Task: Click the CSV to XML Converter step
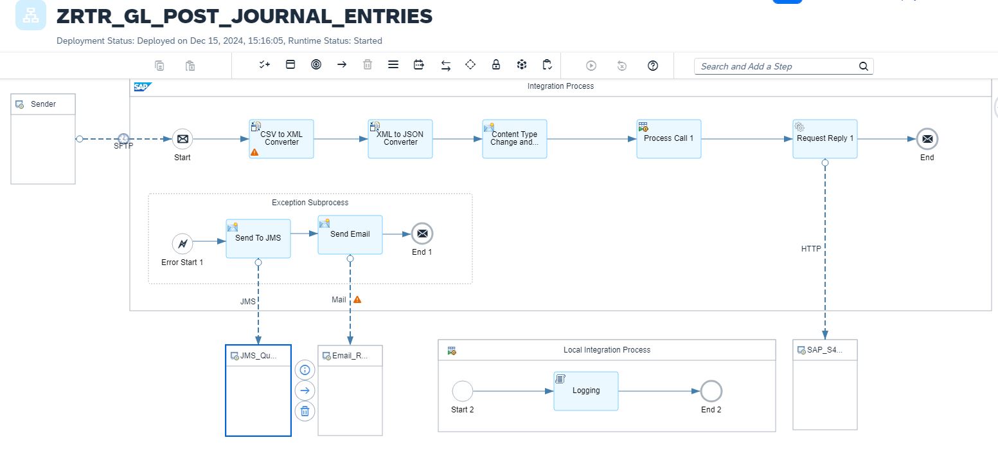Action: click(x=281, y=138)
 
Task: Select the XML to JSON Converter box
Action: click(x=400, y=138)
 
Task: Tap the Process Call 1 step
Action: click(x=668, y=138)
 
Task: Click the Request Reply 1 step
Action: click(x=824, y=138)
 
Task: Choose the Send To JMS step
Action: click(x=258, y=238)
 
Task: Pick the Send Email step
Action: click(x=350, y=234)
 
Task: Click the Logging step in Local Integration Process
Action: click(x=585, y=391)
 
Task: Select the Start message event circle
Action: click(x=183, y=138)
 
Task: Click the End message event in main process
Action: click(x=927, y=138)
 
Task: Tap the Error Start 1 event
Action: click(x=183, y=244)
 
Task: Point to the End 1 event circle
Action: click(x=422, y=234)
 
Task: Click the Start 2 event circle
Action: click(x=463, y=391)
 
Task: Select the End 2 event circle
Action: click(x=711, y=391)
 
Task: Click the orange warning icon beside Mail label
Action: click(x=357, y=299)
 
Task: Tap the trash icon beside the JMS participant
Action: click(x=305, y=411)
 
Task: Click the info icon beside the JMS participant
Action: click(x=305, y=370)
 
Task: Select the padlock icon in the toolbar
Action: click(x=496, y=65)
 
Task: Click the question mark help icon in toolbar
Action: click(x=653, y=65)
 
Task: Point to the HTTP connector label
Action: click(x=811, y=248)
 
